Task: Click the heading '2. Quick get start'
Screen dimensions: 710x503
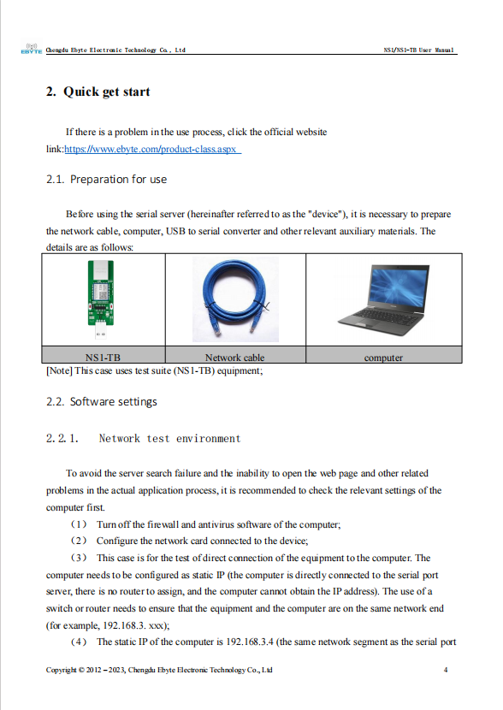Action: point(98,92)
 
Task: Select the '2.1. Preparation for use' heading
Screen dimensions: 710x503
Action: point(106,180)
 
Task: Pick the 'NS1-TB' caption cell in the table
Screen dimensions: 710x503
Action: point(103,358)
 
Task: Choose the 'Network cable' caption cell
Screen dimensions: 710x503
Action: point(234,358)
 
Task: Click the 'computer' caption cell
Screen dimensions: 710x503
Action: point(383,358)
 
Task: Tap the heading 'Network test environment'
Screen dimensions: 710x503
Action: point(169,439)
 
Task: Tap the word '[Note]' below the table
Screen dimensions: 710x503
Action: point(59,371)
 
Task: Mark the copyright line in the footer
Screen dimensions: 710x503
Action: point(158,670)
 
